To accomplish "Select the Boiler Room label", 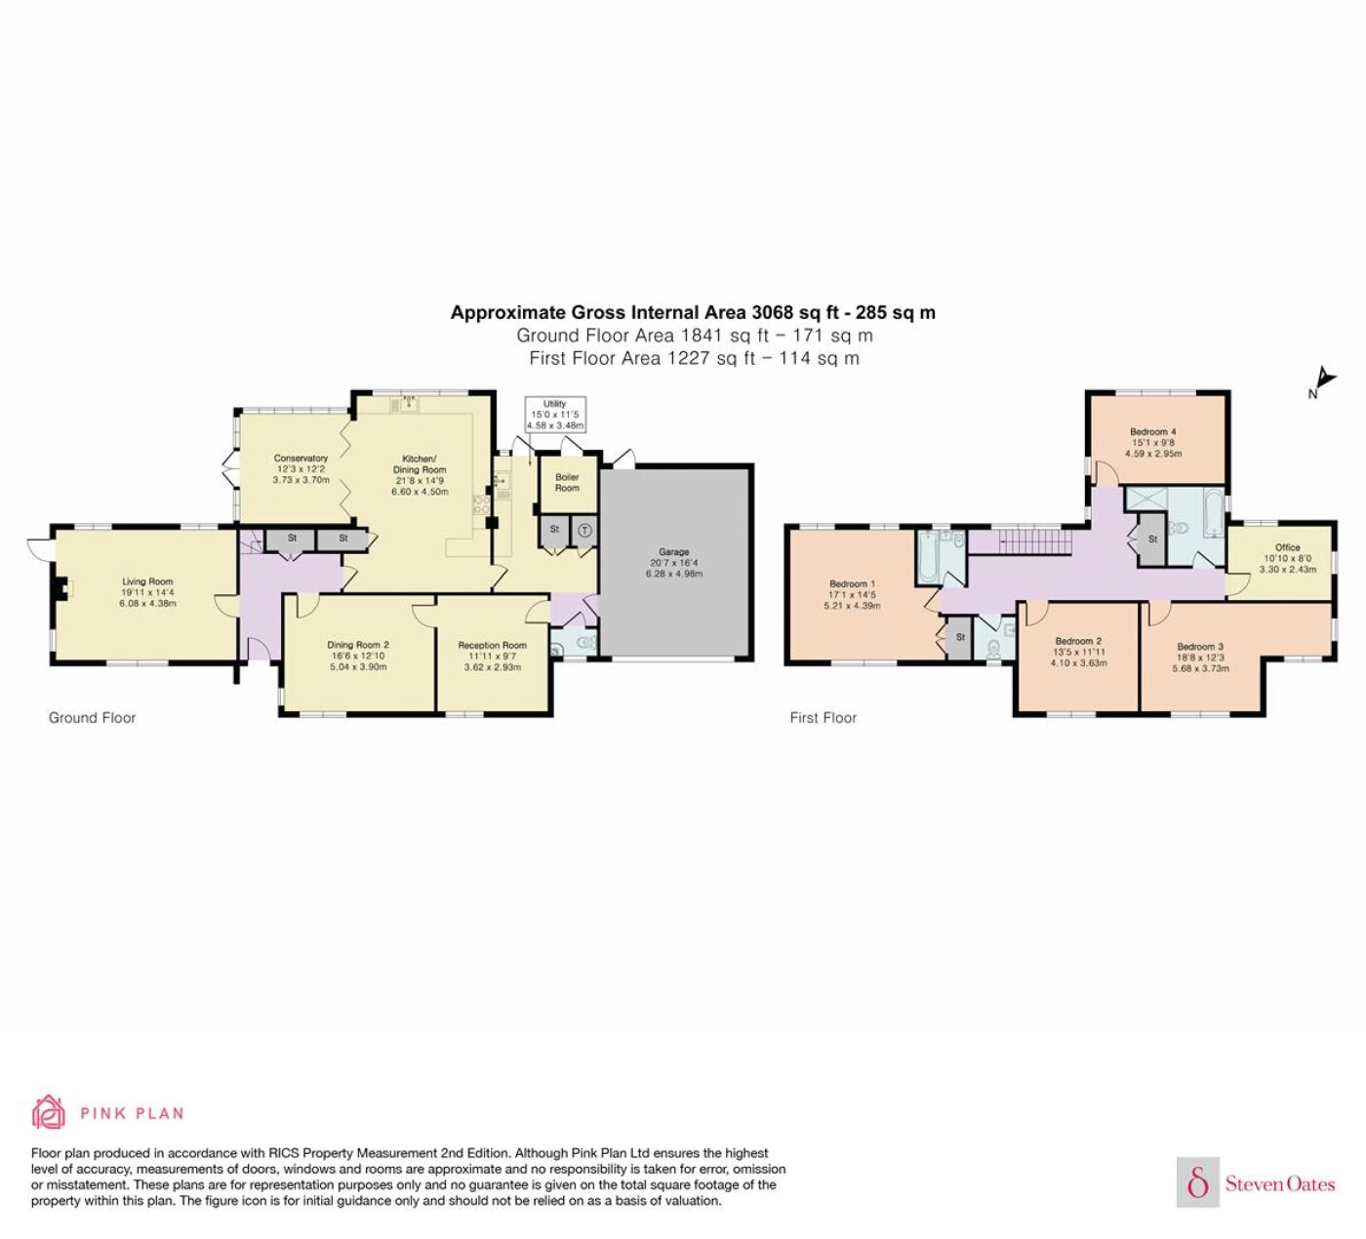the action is coord(567,482).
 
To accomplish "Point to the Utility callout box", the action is coord(555,414).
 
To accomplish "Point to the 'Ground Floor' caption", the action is coord(92,717).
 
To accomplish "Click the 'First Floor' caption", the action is coord(824,717).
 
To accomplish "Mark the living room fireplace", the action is coord(63,588).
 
